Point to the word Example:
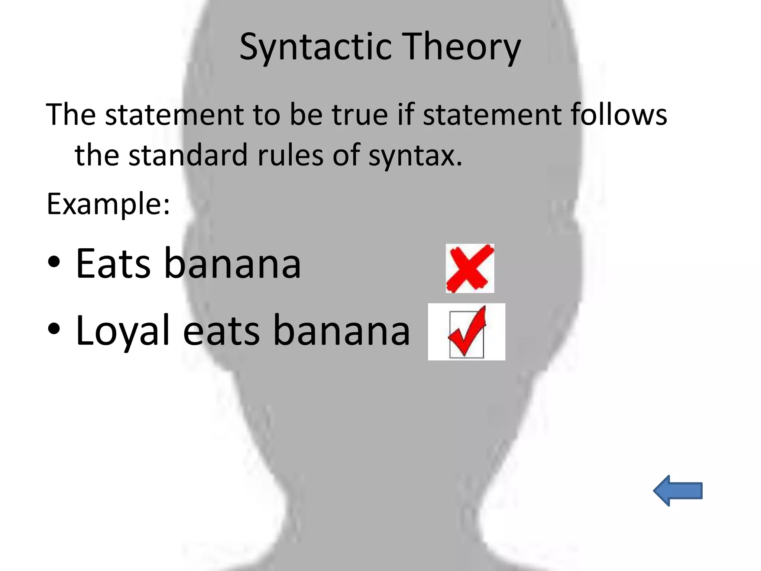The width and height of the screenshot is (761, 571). point(108,204)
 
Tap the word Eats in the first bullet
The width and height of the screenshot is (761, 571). point(113,264)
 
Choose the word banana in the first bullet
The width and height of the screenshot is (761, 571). point(232,264)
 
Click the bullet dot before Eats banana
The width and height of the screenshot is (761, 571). point(54,262)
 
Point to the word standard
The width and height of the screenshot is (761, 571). point(188,155)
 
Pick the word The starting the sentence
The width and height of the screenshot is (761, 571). point(71,114)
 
